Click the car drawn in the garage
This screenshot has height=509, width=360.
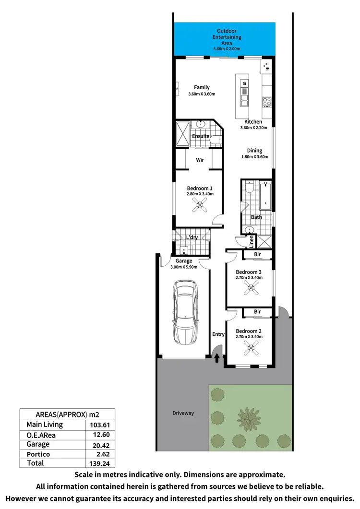(185, 311)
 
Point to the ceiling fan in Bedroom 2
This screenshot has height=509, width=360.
(250, 349)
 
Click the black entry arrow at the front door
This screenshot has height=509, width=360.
(216, 357)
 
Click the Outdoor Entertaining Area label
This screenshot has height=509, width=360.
(227, 37)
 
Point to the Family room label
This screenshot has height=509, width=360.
(202, 87)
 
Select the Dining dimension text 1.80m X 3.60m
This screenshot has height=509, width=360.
(254, 157)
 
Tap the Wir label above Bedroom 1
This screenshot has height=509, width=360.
(201, 160)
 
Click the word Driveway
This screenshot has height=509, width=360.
(183, 413)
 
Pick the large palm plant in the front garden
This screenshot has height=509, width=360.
(248, 418)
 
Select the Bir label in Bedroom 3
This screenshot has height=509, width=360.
(257, 254)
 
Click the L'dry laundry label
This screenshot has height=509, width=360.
(192, 237)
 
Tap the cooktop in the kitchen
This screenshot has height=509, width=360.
(267, 102)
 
